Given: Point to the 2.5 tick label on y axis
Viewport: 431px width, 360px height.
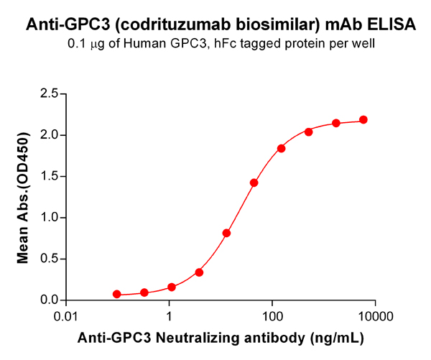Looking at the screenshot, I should point(48,93).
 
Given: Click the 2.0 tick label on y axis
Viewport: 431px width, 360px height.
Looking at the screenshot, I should point(48,135).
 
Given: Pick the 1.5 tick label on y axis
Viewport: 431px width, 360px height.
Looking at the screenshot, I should point(48,176).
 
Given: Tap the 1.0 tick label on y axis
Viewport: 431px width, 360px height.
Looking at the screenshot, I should point(48,218).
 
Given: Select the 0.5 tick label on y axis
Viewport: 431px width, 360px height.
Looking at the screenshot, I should point(48,259).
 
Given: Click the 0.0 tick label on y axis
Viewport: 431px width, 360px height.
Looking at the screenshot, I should point(48,300).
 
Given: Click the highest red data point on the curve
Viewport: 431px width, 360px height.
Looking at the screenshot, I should point(363,120).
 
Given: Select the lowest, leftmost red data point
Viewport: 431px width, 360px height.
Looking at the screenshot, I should point(117,295).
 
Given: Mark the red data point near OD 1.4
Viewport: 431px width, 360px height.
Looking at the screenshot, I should point(254,183).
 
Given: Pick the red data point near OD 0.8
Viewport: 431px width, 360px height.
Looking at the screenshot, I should point(226,233).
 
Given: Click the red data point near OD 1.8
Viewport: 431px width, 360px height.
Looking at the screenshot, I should point(281,149).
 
